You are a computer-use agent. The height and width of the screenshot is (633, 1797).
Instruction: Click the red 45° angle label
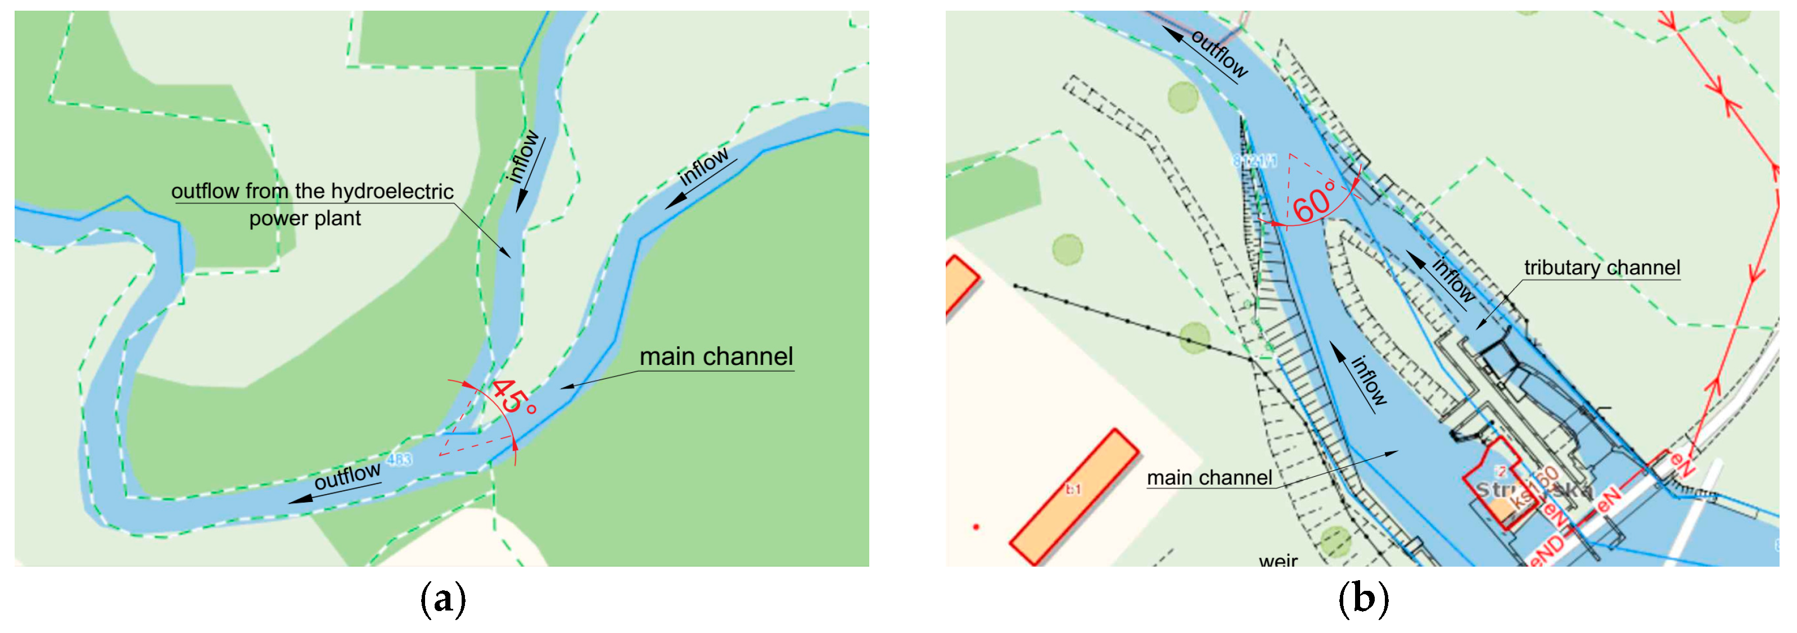(513, 397)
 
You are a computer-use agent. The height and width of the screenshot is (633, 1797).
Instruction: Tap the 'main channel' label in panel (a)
(716, 356)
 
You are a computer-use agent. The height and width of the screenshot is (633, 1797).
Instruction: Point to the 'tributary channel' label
(1602, 268)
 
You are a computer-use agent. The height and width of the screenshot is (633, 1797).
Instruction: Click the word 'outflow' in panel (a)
(347, 476)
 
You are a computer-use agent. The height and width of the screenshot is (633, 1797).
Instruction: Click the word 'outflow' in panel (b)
(1218, 53)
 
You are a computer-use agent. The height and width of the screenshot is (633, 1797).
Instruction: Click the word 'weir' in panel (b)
(1278, 560)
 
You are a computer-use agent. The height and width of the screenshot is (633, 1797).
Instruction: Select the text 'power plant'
(305, 219)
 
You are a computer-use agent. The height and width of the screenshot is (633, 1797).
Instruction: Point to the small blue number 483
(399, 459)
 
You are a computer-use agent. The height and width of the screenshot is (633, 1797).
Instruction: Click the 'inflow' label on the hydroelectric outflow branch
(524, 157)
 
